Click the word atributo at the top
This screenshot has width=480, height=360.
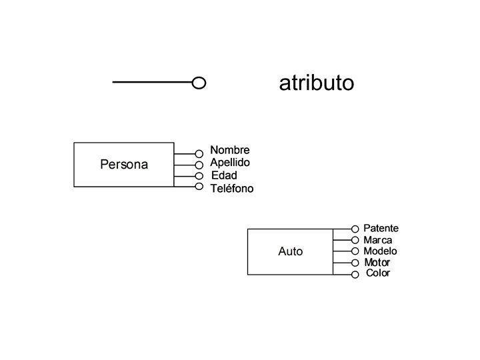tap(316, 83)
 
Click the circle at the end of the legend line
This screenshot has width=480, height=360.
tap(198, 83)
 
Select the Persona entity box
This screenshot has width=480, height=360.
tap(124, 164)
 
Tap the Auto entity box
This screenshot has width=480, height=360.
tap(290, 251)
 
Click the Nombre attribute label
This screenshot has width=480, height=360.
tap(230, 150)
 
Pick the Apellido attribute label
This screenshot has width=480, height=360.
tap(230, 162)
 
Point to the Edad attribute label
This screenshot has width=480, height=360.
tap(224, 175)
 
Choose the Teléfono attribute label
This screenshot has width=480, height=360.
tap(232, 189)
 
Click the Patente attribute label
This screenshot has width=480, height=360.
tap(381, 229)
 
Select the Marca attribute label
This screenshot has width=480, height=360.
tap(378, 240)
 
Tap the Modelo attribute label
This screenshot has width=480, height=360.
tap(380, 251)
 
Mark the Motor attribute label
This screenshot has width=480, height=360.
tap(377, 263)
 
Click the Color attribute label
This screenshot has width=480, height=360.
tap(378, 273)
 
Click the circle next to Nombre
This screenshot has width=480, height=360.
tap(199, 154)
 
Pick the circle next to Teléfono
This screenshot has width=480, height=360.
tap(199, 186)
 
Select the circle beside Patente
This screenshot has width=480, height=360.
tap(355, 229)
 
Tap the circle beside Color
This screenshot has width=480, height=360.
tap(355, 275)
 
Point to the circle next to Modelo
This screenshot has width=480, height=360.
tap(355, 251)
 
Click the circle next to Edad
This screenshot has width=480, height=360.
tap(199, 176)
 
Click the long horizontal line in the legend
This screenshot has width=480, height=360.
tap(152, 83)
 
